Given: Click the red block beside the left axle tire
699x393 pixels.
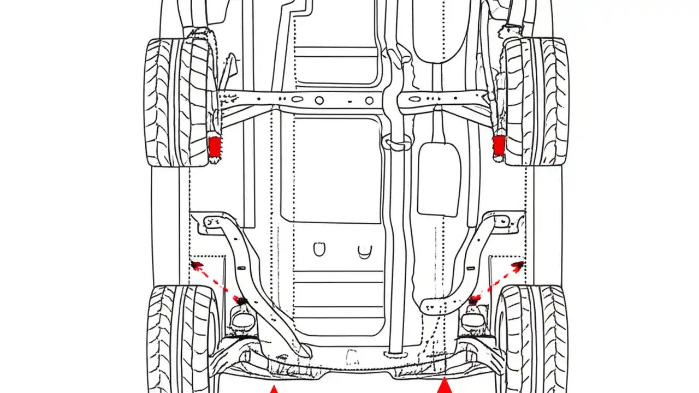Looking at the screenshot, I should coord(215,146).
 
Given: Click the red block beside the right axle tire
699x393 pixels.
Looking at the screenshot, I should coord(499,145).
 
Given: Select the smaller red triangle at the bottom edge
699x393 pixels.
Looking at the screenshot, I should coord(274,389).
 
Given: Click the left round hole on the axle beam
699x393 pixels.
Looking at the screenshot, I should coord(319,100).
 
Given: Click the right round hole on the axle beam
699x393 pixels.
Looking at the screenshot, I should coord(369,100).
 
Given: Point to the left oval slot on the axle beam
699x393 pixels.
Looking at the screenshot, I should coord(297,99).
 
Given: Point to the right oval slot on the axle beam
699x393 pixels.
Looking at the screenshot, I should coord(415,99).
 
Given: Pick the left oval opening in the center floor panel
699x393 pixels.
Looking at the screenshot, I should coord(319,249).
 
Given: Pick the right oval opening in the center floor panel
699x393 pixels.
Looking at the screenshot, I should coord(365,251).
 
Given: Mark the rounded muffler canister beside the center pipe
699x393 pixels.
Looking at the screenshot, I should coord(439,179).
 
